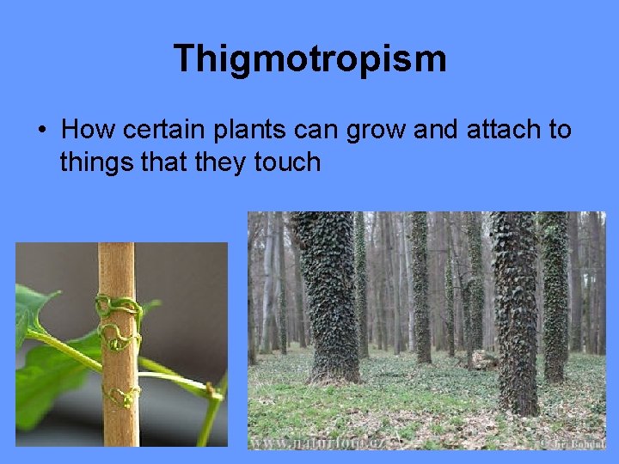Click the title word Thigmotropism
pos(309,59)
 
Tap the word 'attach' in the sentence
pos(499,130)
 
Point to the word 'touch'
pos(288,162)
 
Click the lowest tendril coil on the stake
pos(121,397)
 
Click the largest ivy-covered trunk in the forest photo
pos(326,292)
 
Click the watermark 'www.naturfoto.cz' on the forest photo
pos(318,443)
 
